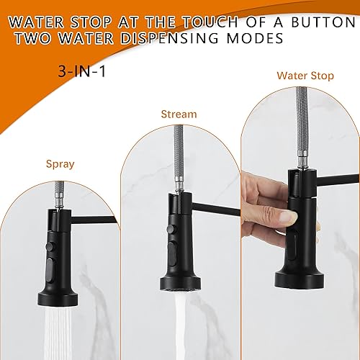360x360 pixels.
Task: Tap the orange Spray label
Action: click(60, 163)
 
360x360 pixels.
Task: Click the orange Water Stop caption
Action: click(305, 75)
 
